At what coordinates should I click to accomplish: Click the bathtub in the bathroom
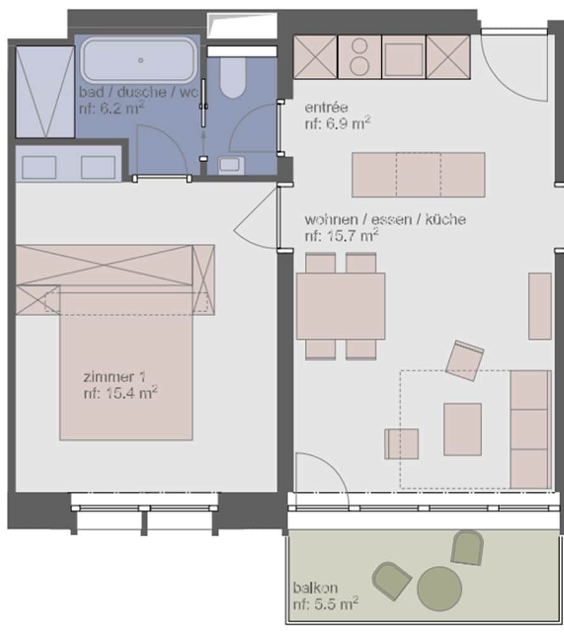click(x=140, y=61)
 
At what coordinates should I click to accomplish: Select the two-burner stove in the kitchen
click(x=360, y=57)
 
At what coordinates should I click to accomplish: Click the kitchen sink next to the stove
click(x=403, y=57)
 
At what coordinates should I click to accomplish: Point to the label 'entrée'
click(x=326, y=108)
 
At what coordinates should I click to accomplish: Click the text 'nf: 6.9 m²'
click(x=338, y=123)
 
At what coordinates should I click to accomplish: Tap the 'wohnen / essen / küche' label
click(x=385, y=220)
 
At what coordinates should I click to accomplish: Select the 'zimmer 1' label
click(x=114, y=377)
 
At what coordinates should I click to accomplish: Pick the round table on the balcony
click(x=439, y=589)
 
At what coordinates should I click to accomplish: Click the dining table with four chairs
click(x=341, y=306)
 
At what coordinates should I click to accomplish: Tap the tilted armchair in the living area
click(x=465, y=361)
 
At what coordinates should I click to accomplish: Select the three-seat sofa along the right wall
click(x=530, y=430)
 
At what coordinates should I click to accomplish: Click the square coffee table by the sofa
click(x=462, y=429)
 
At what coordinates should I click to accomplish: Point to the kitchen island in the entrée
click(x=419, y=175)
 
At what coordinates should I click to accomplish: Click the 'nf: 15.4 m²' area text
click(x=120, y=393)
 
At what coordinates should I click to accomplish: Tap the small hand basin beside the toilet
click(x=231, y=165)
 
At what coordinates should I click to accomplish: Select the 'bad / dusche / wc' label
click(x=138, y=92)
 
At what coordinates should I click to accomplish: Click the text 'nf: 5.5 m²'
click(x=326, y=603)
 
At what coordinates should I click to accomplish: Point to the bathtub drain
click(x=141, y=60)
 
